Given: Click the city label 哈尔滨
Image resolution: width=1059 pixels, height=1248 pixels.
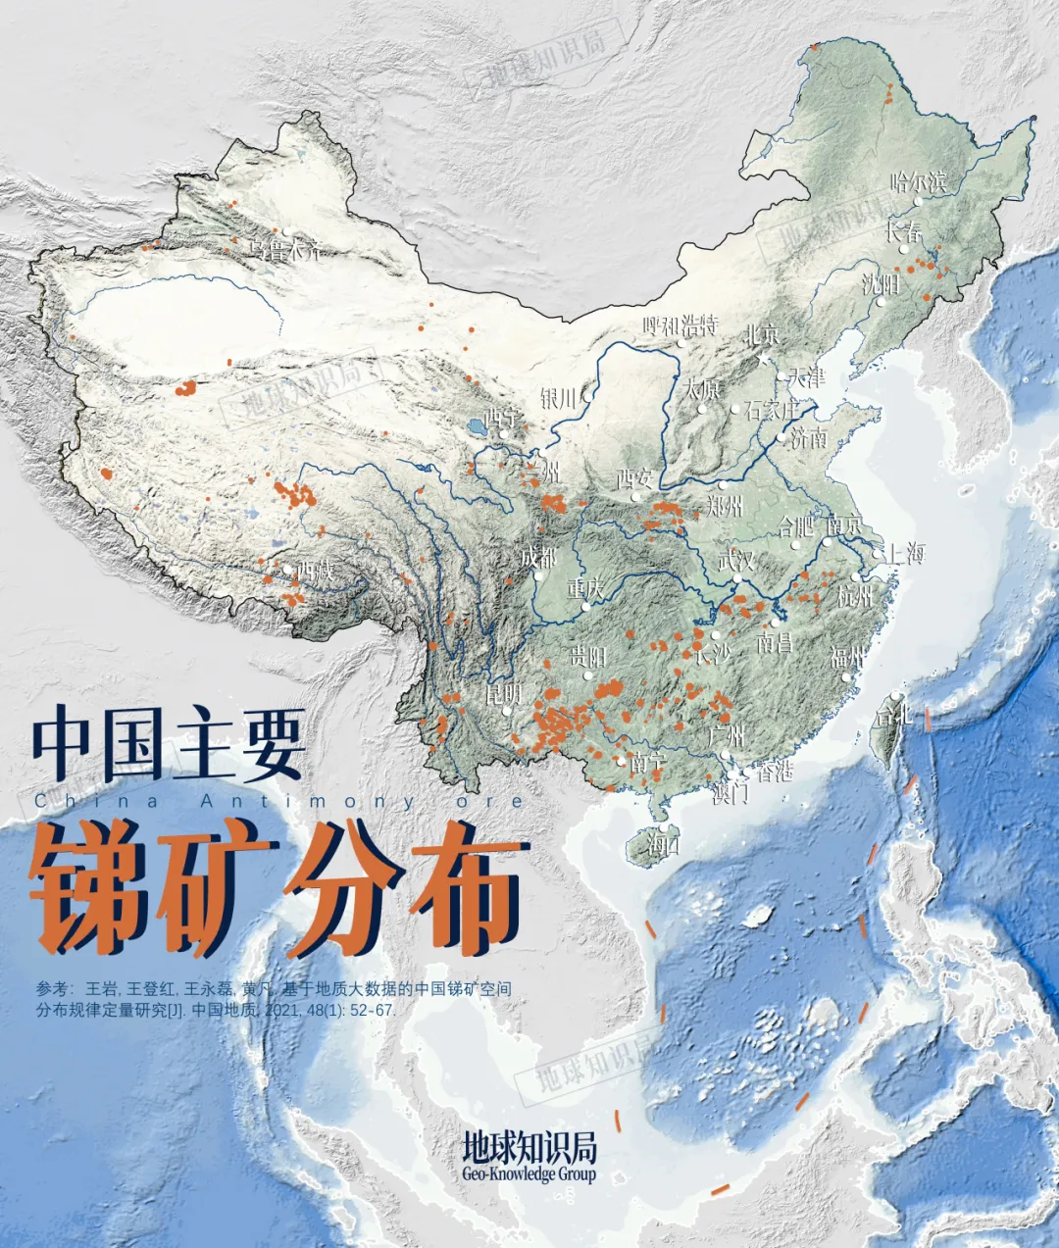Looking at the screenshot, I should point(918,181).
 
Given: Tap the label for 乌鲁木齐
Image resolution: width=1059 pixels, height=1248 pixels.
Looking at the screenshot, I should point(285,250).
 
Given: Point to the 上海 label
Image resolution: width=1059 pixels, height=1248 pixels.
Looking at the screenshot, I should point(905,553).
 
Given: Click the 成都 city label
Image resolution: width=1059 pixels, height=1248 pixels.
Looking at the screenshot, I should point(538,558).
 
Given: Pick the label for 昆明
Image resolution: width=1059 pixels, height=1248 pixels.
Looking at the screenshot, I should point(504,694).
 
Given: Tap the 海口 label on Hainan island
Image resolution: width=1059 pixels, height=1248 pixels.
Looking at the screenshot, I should point(663,846).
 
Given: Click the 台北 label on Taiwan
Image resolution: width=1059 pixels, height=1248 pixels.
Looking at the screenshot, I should point(893,713).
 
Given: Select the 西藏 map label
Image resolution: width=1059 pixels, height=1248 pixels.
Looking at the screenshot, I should point(316,569).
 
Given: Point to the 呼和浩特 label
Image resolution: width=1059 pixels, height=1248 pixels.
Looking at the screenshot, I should point(681,325).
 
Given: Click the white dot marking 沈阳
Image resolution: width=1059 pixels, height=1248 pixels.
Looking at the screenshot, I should point(881,303).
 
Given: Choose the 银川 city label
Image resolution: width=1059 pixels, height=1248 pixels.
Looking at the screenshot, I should point(558,398).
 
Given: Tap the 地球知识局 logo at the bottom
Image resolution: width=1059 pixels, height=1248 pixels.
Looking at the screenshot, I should point(529,1148).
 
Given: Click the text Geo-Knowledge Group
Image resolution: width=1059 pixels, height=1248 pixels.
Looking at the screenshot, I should point(529,1174).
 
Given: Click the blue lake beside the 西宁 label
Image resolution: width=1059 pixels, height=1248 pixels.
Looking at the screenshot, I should point(477,428).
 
